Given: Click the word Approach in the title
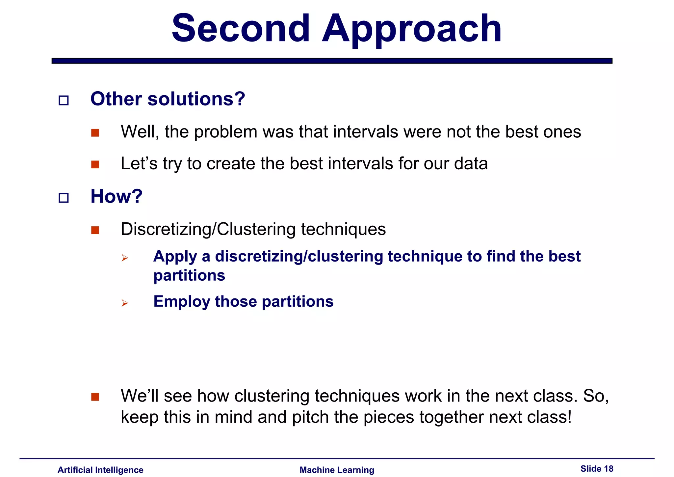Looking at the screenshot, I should coord(411,30).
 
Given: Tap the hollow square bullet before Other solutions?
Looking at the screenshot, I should coord(64,100).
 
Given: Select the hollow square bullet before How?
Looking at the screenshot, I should coord(64,198).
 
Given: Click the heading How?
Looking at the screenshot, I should coord(117,196).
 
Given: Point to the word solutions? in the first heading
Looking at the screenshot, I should coord(196,99).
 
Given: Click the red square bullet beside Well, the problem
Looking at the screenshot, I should coord(95,133).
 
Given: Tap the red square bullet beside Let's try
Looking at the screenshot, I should coord(95,164).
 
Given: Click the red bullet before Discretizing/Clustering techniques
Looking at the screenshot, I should coord(95,230).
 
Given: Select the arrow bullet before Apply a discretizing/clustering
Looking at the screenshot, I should coord(124,258).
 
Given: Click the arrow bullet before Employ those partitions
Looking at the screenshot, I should coord(124,303).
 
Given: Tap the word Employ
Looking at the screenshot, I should coord(182,301).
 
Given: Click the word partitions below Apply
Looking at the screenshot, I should coord(189,275).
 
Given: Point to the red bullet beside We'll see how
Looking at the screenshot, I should coord(95,397).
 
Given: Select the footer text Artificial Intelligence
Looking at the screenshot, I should coord(100,470).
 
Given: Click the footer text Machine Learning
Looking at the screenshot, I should coord(337,470).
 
